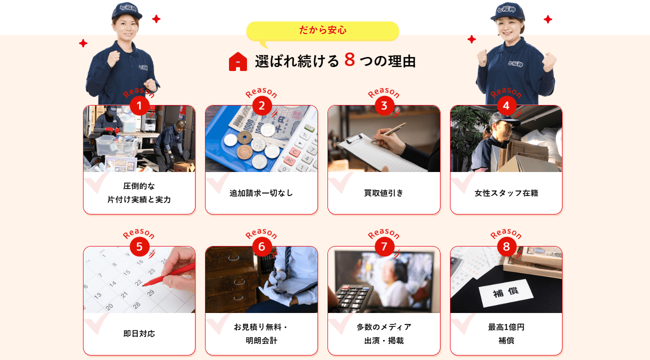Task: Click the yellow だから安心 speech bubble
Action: point(322,31)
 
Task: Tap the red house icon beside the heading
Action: point(238,61)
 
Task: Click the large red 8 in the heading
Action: point(349,60)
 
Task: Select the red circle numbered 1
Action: point(139,105)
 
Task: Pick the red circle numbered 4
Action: point(506,105)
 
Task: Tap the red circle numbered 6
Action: point(261,246)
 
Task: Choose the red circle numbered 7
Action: point(384,246)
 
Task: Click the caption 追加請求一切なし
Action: point(261,193)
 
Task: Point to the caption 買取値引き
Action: point(383,193)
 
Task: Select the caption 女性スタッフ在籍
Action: point(506,193)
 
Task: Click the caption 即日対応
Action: point(139,333)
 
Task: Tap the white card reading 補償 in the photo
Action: point(506,292)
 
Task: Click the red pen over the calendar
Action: point(169,274)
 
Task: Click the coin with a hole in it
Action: point(244,137)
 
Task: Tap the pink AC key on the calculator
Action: point(289,160)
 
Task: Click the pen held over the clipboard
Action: point(388,133)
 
